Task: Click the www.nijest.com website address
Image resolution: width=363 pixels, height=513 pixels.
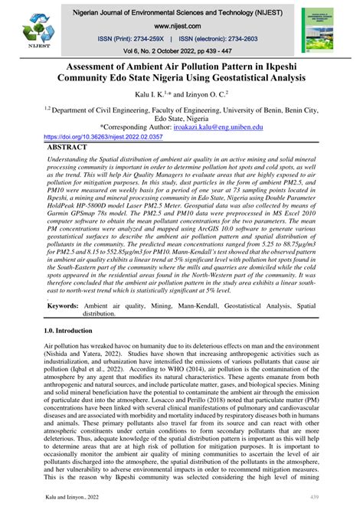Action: tap(181, 25)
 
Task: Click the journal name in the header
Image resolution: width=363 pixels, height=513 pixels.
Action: tap(181, 13)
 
